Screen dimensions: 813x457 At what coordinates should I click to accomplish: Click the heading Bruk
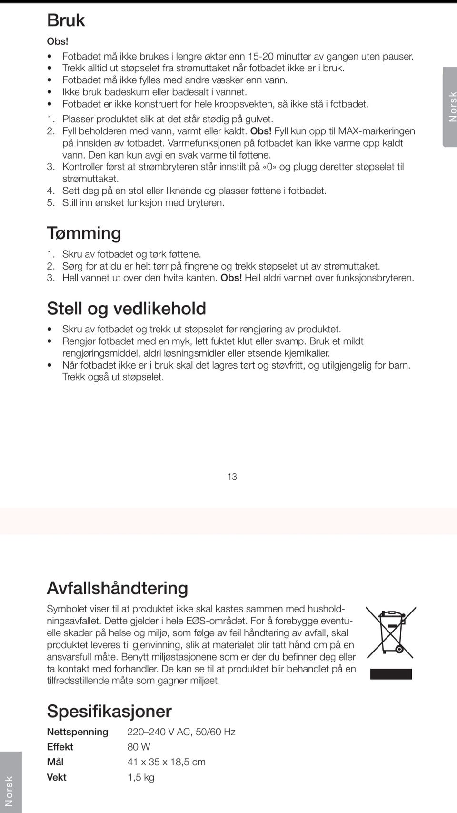(66, 20)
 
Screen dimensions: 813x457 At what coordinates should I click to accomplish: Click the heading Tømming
(84, 233)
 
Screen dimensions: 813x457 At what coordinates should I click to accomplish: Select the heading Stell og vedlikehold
(126, 308)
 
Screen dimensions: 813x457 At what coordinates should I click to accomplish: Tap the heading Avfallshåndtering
(117, 588)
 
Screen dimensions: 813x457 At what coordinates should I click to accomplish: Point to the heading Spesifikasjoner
(109, 711)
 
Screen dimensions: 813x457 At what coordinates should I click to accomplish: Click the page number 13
(232, 477)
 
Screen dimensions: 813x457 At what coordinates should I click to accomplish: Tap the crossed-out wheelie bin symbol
(391, 632)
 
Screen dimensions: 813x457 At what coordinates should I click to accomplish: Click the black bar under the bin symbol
(391, 674)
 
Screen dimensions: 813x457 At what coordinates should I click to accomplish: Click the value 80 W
(139, 747)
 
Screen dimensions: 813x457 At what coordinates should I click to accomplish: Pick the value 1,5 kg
(141, 777)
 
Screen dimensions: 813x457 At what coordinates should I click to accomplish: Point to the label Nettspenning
(78, 732)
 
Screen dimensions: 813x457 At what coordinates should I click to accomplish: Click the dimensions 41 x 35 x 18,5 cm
(166, 762)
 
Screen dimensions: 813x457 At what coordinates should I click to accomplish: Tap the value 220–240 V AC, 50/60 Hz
(181, 732)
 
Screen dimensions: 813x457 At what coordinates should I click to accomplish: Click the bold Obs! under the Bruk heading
(58, 41)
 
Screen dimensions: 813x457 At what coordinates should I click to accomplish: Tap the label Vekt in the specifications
(57, 777)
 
